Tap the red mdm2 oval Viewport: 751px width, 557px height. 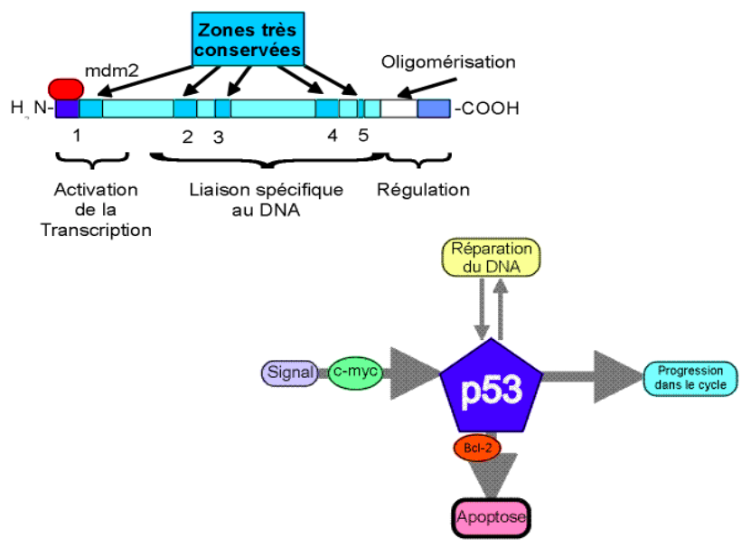(66, 88)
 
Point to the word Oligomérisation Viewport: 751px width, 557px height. (447, 62)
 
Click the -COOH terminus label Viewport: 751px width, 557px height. (487, 109)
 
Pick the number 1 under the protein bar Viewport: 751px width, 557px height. (77, 136)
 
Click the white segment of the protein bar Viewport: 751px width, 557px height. (399, 109)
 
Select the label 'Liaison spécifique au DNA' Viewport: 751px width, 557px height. (267, 200)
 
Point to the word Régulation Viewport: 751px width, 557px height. (423, 190)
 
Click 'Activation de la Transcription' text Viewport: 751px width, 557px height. (97, 210)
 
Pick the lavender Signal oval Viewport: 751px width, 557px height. (290, 372)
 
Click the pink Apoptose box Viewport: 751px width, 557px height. (491, 517)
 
